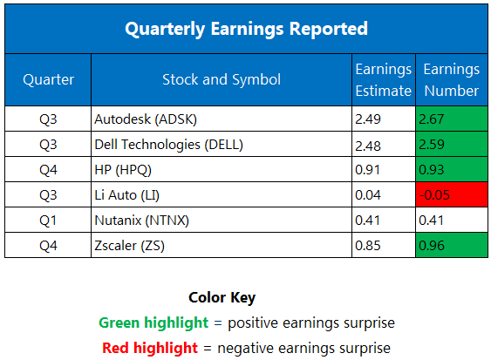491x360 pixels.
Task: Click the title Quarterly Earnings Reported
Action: (245, 29)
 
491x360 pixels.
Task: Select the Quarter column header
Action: (48, 79)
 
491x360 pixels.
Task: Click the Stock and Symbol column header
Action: (221, 79)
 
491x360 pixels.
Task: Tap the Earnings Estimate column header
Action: (383, 79)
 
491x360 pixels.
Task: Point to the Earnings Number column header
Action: (451, 79)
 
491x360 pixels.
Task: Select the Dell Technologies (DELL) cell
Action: (167, 144)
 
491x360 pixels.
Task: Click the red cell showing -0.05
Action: (451, 194)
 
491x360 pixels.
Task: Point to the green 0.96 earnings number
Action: (451, 245)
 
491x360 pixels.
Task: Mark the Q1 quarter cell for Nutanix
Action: (48, 220)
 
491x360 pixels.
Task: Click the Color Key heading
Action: (222, 297)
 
